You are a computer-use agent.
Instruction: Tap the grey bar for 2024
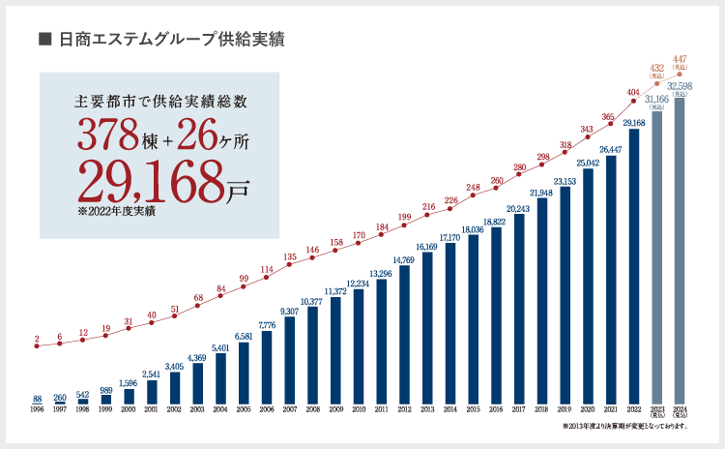coord(681,251)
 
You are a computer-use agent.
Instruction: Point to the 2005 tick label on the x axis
coord(244,410)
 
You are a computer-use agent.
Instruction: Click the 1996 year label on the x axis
coord(37,410)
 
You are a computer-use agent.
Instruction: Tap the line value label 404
coord(634,93)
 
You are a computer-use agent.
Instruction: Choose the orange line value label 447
coord(681,58)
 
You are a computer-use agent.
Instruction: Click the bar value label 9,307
coord(289,311)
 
